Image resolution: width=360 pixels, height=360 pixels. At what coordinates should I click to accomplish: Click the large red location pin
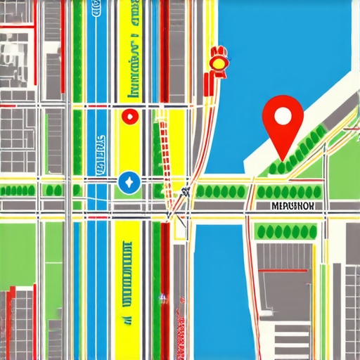[282, 124]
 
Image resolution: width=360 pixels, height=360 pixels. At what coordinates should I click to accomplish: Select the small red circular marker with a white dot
[129, 117]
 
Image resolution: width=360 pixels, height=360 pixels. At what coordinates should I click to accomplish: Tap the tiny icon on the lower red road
[164, 297]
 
